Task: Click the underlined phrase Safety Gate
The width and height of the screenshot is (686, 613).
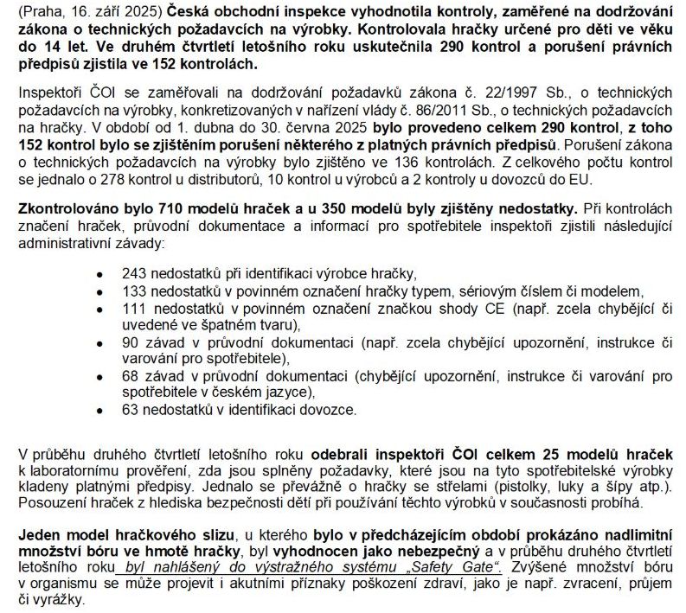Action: click(458, 567)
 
